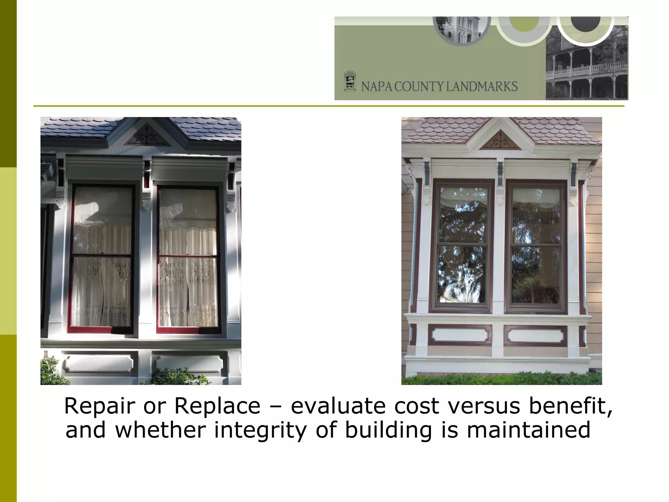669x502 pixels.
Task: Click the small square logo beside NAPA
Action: pos(350,81)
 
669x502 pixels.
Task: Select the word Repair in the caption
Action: pos(99,406)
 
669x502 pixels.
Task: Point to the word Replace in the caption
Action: pos(217,406)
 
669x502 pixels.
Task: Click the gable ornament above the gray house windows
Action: pos(146,138)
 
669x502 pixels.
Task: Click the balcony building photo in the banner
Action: pos(587,69)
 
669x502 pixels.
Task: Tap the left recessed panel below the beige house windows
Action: pos(460,335)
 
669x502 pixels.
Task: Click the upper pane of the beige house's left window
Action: pos(462,215)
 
